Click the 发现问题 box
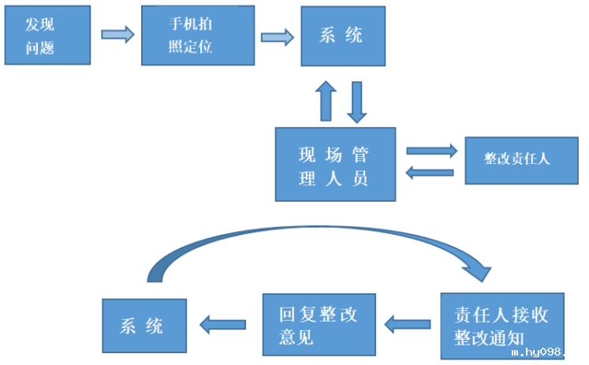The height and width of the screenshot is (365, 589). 44,36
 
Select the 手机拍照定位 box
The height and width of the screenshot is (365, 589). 190,35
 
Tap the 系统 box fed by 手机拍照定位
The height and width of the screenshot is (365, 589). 343,36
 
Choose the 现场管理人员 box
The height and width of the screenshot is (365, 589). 334,164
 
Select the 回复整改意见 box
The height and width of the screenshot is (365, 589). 319,325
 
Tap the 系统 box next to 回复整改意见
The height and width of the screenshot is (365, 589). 144,326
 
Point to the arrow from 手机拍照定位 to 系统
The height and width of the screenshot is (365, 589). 277,37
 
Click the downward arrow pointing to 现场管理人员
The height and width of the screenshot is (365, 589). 357,100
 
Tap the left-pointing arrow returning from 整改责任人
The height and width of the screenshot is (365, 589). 430,172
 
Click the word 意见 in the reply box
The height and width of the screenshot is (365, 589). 296,337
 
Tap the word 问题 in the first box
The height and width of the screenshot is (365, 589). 39,47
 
